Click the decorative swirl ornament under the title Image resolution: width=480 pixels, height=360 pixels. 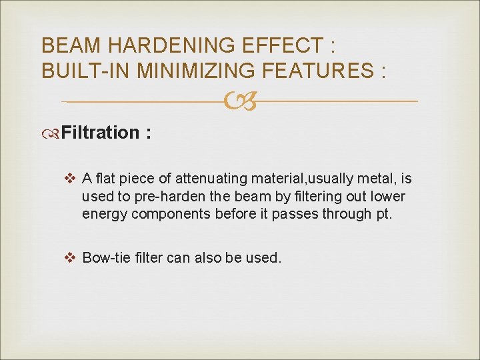[x=240, y=102]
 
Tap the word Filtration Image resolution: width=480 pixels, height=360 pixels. [x=99, y=132]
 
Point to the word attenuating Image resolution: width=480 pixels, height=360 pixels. [x=213, y=178]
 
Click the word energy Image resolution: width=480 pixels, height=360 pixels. [x=104, y=214]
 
